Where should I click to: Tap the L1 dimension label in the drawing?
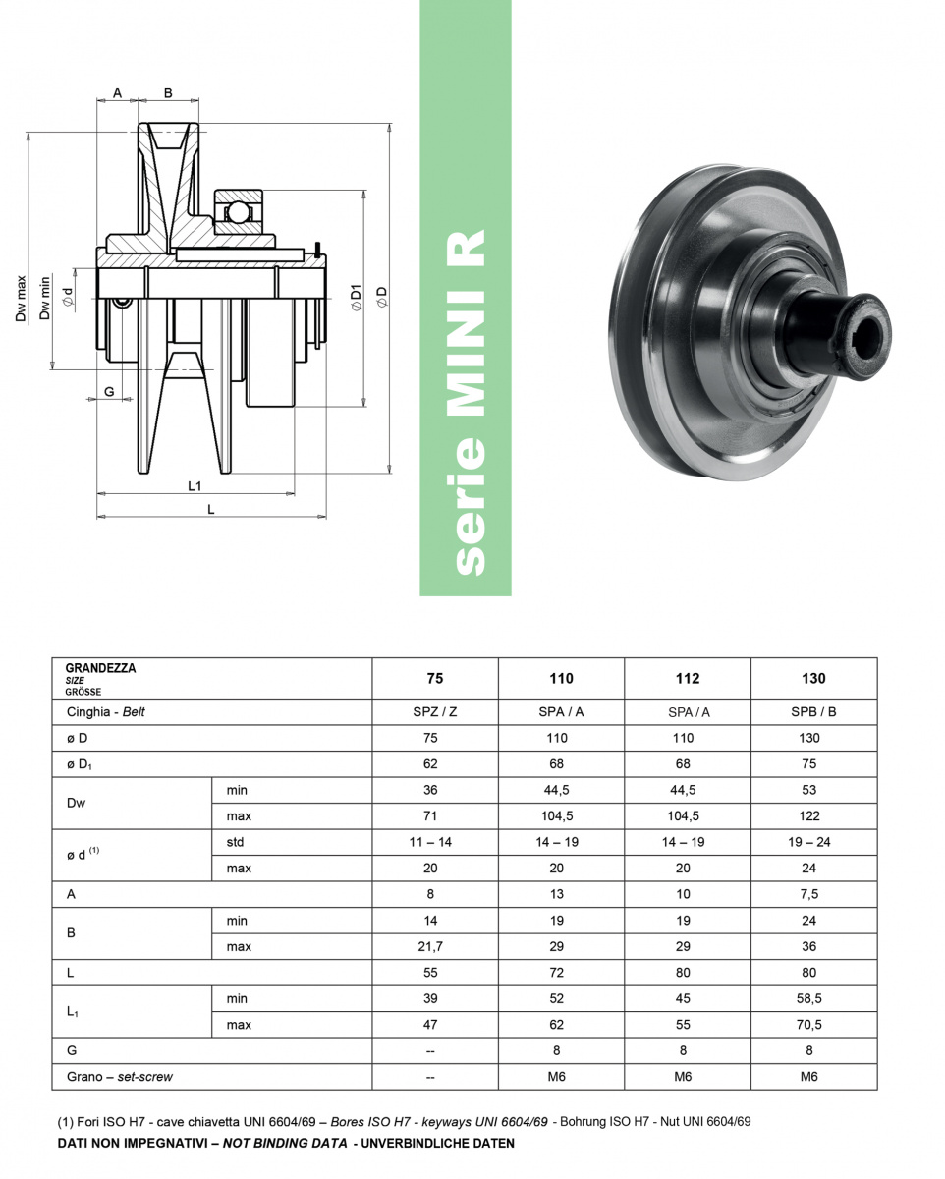(195, 486)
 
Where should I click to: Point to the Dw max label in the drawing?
(21, 299)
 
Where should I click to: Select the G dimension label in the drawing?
(109, 391)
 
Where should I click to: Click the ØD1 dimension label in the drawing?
(356, 298)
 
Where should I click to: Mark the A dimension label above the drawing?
(117, 93)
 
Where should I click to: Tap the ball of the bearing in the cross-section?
(238, 212)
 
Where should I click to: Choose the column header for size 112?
(688, 678)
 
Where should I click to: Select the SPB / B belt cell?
(813, 711)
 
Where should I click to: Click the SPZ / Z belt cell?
(435, 711)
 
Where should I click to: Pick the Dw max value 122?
(809, 815)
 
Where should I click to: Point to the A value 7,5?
(809, 894)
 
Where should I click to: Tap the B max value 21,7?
(430, 946)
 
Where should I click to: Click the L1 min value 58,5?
(809, 998)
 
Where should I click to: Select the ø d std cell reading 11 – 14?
(430, 842)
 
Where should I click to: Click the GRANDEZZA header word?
(100, 668)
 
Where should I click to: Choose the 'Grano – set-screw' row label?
(120, 1077)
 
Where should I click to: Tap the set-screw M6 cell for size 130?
(809, 1077)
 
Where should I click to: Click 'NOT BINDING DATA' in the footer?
(285, 1143)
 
